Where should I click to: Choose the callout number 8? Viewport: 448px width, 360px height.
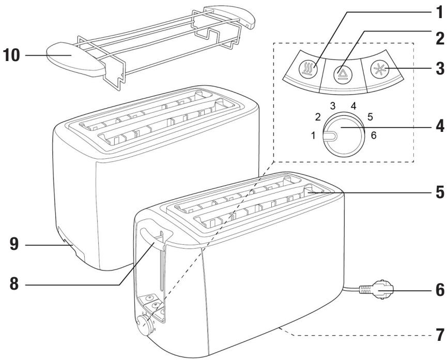click(x=10, y=283)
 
